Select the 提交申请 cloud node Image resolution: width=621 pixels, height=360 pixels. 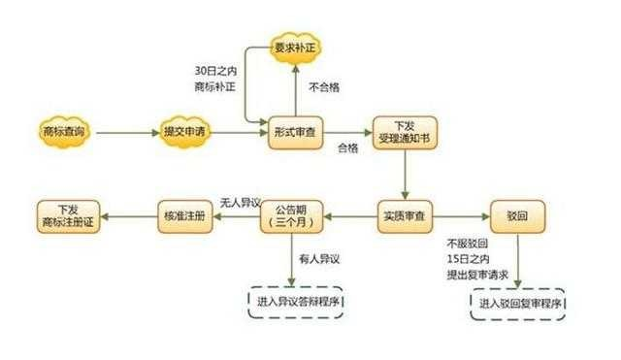point(182,130)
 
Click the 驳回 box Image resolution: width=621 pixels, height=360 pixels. point(518,213)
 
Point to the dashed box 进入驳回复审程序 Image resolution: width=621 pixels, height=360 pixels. point(518,305)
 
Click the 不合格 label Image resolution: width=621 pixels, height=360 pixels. point(324,87)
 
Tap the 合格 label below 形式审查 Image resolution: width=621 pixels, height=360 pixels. point(347,147)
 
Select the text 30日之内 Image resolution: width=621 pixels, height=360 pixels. point(215,71)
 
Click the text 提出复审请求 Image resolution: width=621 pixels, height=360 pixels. point(477,275)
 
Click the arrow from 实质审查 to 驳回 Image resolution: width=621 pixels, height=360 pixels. point(462,213)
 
